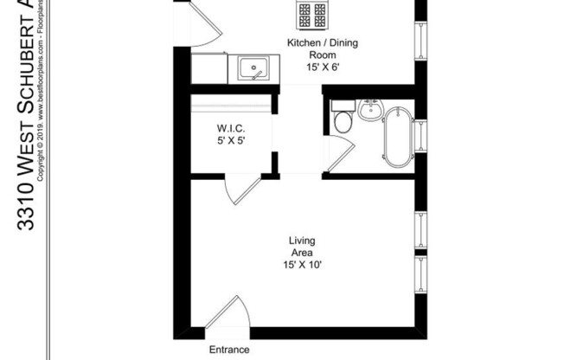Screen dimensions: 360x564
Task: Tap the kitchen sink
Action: pos(251,67)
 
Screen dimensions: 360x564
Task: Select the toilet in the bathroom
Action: pos(343,119)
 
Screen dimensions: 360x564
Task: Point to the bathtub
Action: pos(397,137)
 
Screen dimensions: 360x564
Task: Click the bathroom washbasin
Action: pos(370,110)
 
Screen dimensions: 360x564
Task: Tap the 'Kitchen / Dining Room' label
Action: pos(310,47)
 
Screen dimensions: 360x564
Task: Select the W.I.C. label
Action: pos(231,130)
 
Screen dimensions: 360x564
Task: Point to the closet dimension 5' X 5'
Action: pos(231,143)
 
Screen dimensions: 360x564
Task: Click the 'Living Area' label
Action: pos(302,246)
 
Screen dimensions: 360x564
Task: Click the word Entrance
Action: pos(229,350)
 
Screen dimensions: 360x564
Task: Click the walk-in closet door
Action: pos(245,189)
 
